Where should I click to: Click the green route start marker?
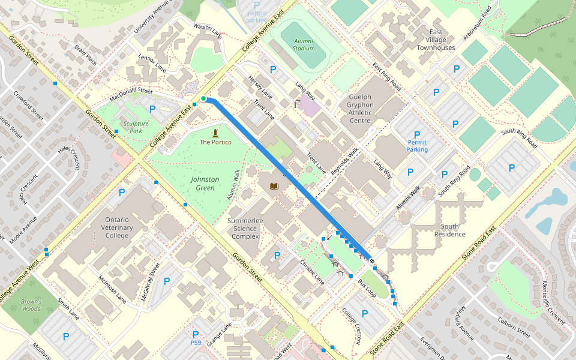coord(203,98)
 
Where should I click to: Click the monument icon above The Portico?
coord(215,132)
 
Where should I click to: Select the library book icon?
coord(274,187)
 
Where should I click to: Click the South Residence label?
coord(449,230)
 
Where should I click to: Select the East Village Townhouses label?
coord(436,39)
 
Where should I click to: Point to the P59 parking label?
coord(196,343)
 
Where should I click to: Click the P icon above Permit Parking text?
coord(417,135)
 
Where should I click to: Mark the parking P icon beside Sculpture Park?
coord(152,109)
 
